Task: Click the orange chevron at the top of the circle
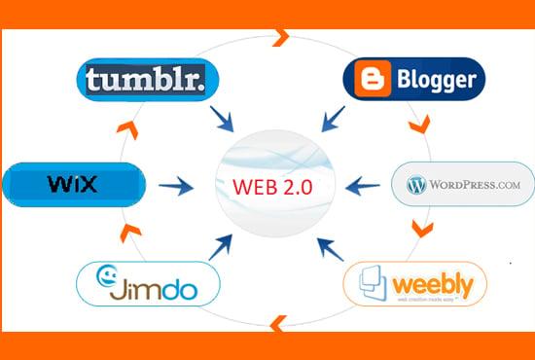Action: pos(281,38)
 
